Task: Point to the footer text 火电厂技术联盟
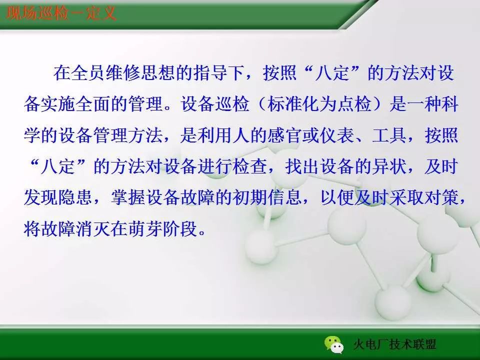coord(394,345)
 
